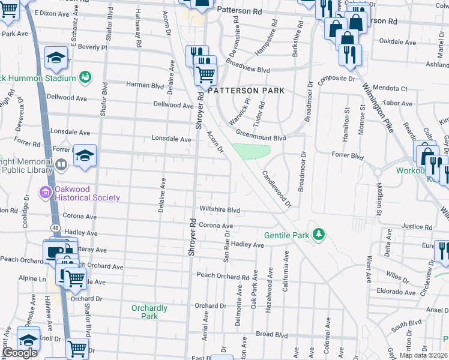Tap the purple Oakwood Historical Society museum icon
[45, 193]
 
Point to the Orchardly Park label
[149, 312]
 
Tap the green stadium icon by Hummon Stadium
[85, 77]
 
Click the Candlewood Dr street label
[276, 190]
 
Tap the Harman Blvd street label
[145, 85]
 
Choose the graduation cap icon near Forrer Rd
[85, 155]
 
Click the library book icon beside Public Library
[61, 164]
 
